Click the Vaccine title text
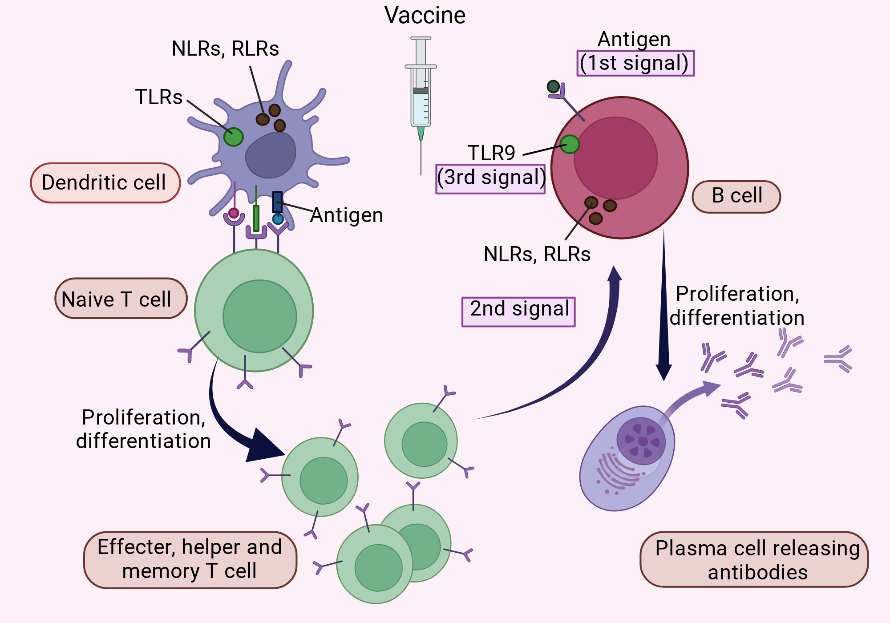[425, 15]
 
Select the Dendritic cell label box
[105, 183]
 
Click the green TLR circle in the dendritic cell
[233, 137]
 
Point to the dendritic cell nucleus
[271, 154]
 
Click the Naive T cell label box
[121, 299]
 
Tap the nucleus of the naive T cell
[260, 316]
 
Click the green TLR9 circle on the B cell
[570, 144]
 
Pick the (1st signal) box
[635, 63]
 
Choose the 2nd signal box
[518, 311]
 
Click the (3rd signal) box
[490, 179]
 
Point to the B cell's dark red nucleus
[616, 158]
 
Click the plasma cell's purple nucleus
[641, 441]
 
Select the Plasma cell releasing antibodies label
[754, 559]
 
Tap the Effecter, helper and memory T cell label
[190, 560]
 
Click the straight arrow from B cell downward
[663, 305]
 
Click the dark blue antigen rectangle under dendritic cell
[277, 202]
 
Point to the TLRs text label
[159, 97]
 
